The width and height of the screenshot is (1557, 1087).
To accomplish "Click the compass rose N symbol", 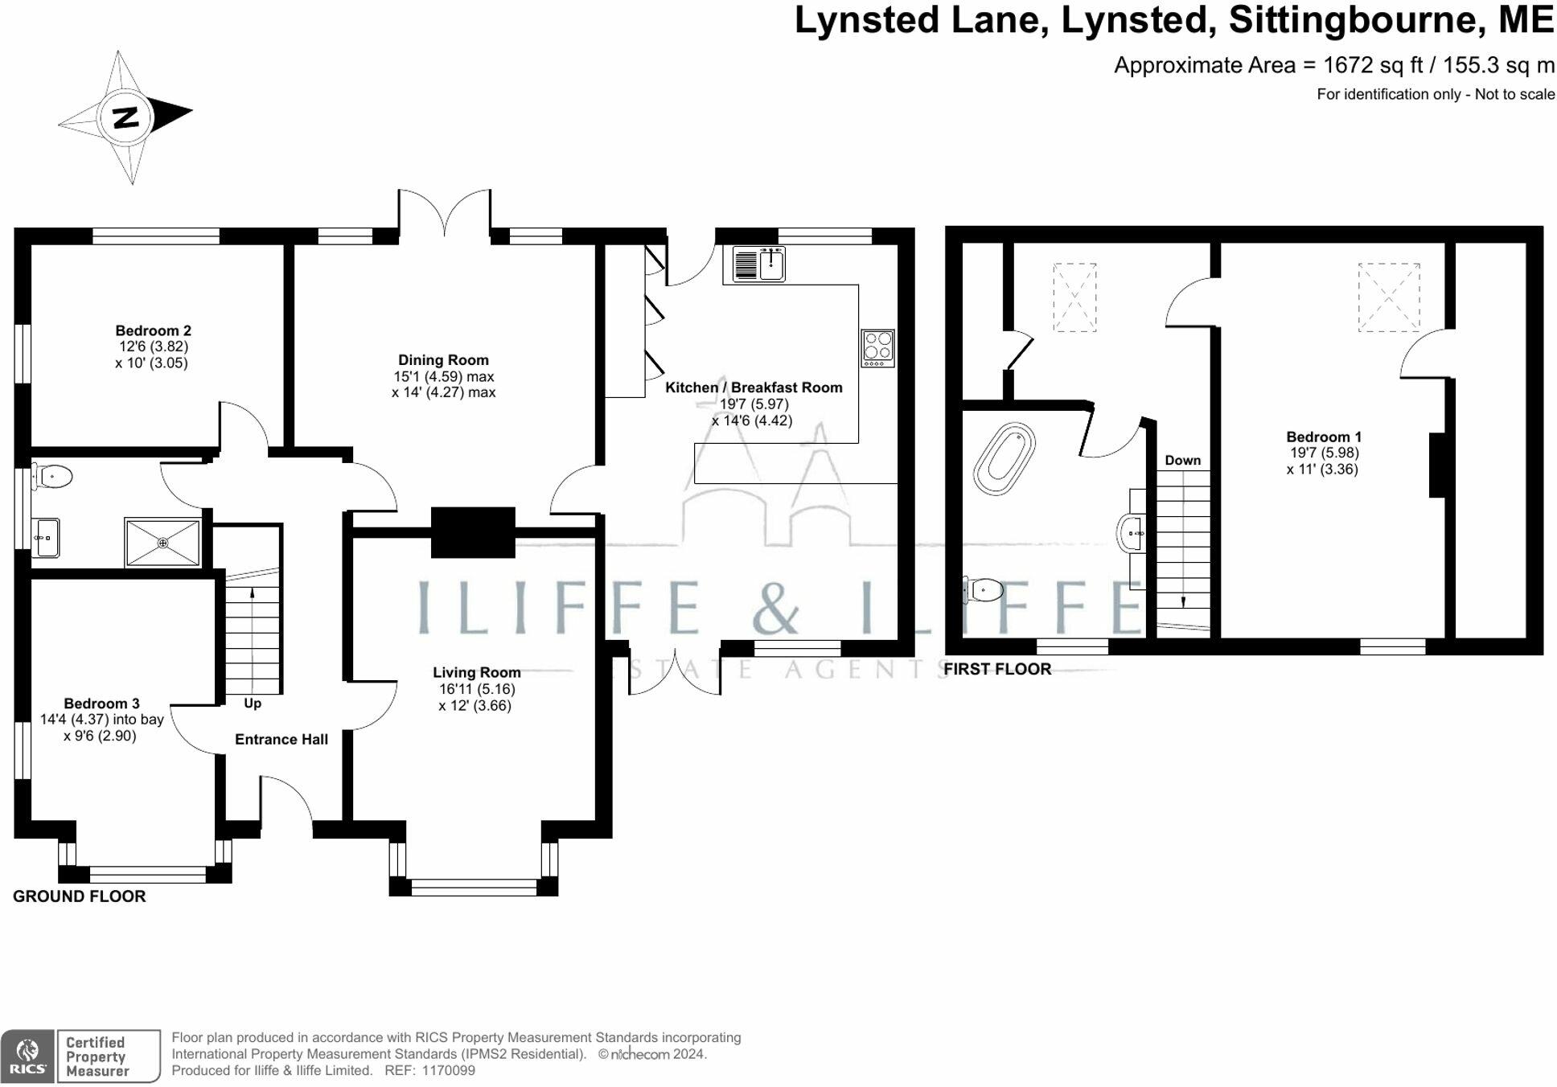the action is (125, 117).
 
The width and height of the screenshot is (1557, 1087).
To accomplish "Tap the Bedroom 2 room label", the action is (153, 330).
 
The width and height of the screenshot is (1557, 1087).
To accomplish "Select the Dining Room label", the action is (443, 360).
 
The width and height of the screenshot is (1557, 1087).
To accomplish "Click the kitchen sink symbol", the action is (759, 264).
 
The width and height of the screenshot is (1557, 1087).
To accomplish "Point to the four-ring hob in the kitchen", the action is (877, 348).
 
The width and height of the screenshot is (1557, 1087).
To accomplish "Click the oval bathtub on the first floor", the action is (1004, 457).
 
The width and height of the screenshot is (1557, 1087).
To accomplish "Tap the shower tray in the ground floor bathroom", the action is (162, 543).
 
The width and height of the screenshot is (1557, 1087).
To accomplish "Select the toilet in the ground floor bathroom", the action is (52, 476).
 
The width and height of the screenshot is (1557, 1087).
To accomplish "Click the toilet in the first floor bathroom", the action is (984, 590).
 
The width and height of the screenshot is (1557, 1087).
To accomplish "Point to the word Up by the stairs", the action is (253, 703).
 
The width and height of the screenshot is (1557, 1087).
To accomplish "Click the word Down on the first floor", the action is (1182, 461).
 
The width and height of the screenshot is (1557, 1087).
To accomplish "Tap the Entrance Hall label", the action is (281, 740).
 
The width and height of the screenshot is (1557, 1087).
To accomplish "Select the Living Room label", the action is (476, 672).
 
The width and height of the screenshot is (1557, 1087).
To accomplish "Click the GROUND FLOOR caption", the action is (79, 896).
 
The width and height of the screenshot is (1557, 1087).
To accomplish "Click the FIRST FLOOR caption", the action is (997, 669).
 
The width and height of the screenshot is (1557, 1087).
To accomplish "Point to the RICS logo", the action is (27, 1056).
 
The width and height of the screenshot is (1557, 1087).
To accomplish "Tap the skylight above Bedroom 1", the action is (1389, 297).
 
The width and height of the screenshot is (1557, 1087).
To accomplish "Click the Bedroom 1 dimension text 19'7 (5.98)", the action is (1325, 453).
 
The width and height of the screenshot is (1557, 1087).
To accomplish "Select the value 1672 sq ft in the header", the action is (1373, 65).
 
